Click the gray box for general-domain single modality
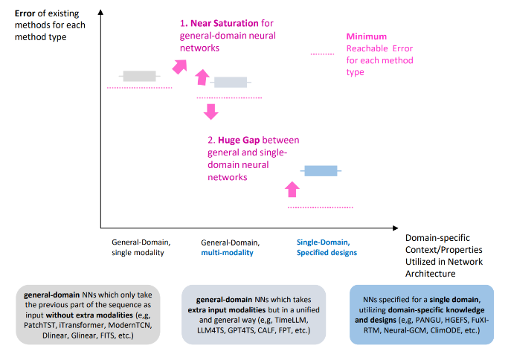140,76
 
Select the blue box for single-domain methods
321,171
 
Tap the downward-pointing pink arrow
210,112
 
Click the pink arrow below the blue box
292,189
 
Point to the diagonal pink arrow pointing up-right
180,66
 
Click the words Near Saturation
225,23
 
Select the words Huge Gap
239,140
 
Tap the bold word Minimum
366,36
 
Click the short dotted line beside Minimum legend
322,54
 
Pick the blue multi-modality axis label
227,252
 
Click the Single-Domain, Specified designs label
327,247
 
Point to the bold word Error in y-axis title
25,13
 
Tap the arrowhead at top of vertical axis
100,12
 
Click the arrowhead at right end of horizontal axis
395,228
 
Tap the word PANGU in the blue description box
428,320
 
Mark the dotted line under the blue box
321,208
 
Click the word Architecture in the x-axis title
430,274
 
